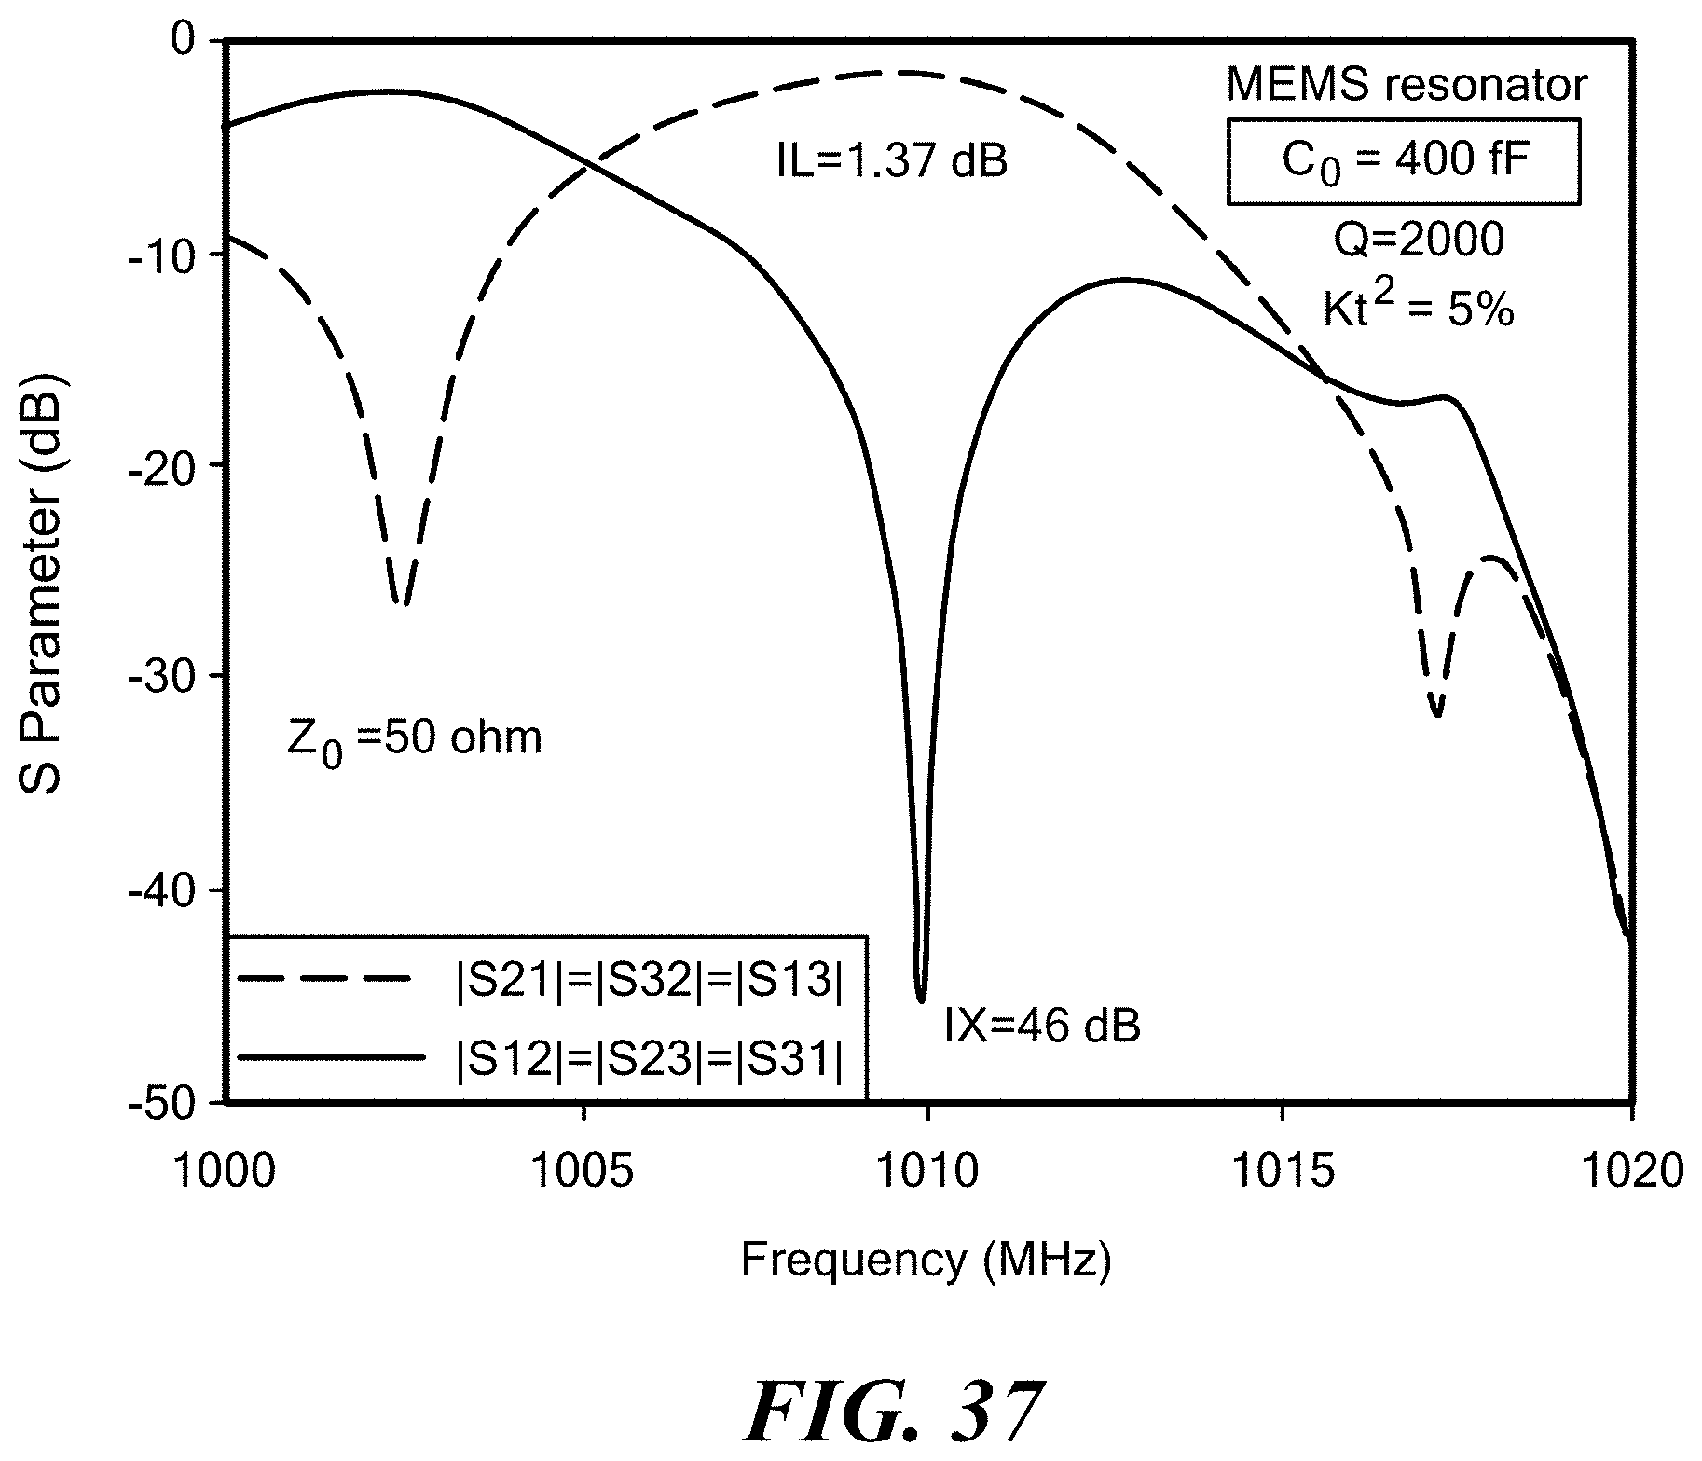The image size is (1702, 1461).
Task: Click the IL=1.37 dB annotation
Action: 892,162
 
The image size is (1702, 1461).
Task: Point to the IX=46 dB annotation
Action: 1042,1026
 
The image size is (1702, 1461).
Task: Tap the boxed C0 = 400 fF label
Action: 1402,160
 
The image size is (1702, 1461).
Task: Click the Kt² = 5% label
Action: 1419,308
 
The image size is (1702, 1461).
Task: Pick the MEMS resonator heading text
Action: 1407,86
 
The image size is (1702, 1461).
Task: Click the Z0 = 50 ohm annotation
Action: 414,740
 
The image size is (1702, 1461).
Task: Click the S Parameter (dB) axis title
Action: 40,572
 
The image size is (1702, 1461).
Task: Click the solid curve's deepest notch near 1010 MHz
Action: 921,999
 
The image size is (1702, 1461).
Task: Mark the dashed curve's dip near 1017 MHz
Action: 1437,713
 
